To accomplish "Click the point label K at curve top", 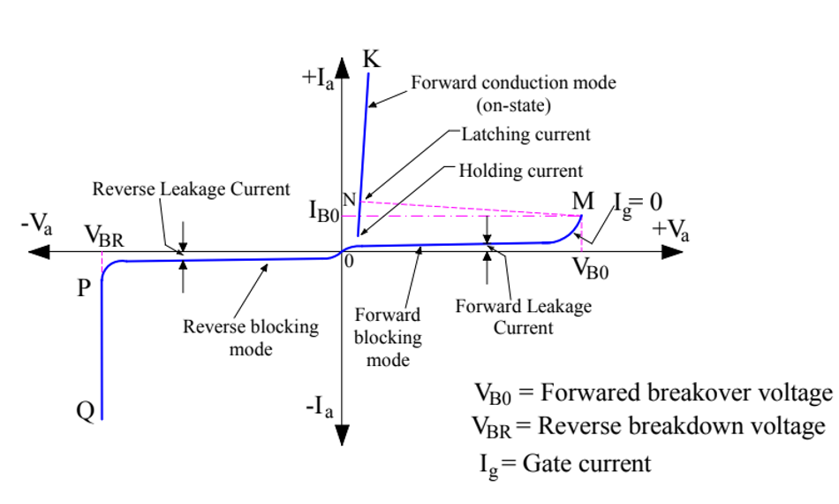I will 372,59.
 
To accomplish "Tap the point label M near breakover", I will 583,202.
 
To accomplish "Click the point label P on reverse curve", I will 84,288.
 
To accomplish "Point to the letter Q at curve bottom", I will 85,411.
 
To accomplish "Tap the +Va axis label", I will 672,231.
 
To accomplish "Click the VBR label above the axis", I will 102,236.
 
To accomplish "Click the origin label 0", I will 349,262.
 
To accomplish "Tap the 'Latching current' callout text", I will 525,134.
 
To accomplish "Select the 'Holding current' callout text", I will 520,171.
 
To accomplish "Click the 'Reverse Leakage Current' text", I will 192,188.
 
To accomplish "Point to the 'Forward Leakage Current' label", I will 523,317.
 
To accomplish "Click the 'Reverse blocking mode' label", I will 251,338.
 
